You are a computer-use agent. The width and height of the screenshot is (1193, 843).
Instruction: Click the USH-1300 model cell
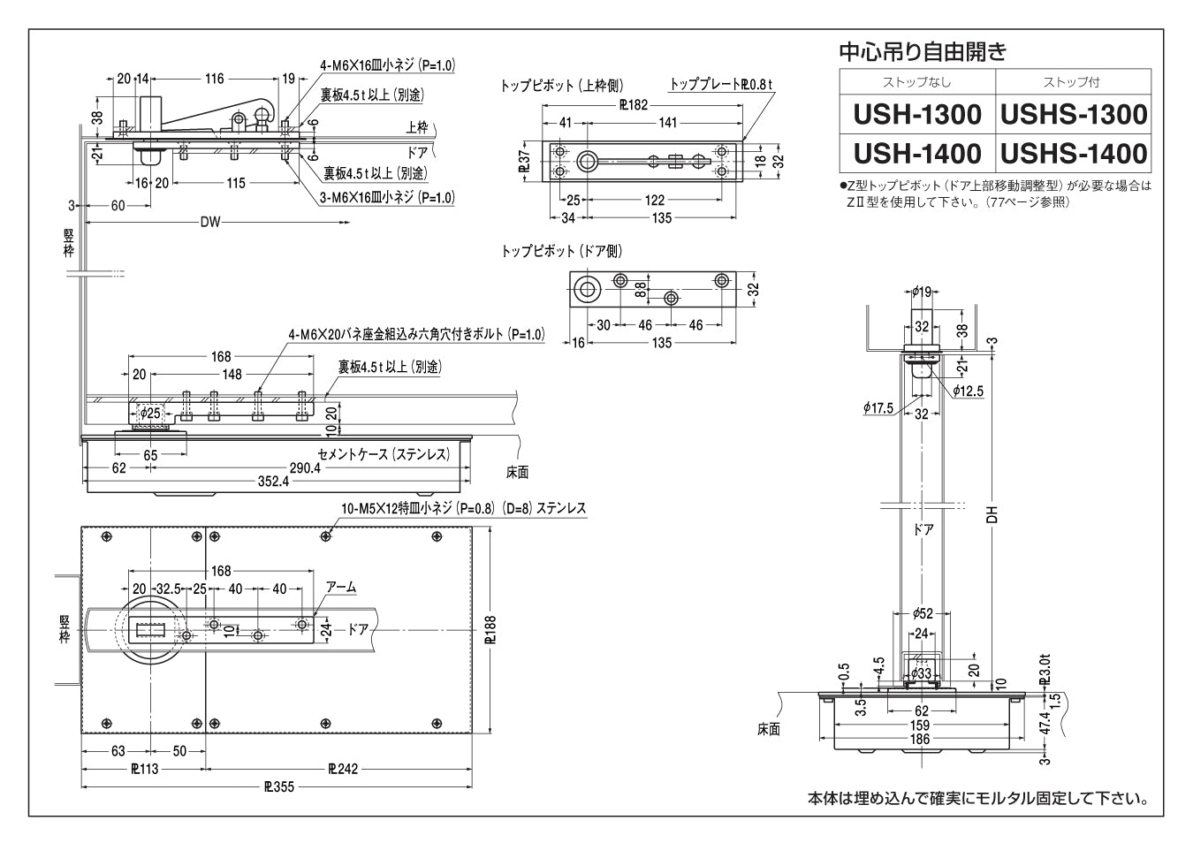pos(917,114)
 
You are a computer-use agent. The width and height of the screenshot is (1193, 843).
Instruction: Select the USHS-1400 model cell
pos(1074,154)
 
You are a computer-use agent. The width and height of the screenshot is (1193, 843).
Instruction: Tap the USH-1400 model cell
pos(917,154)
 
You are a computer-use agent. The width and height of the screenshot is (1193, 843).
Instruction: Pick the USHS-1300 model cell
pos(1074,114)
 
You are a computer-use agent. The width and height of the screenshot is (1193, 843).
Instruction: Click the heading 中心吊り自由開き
pos(922,51)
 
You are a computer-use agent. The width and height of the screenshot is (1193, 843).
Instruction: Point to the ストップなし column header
pos(917,82)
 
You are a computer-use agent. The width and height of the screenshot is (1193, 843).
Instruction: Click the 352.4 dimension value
pos(273,482)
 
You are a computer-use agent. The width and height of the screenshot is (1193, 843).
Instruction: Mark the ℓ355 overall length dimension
pos(278,786)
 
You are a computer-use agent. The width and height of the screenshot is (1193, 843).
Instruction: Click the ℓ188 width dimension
pos(491,629)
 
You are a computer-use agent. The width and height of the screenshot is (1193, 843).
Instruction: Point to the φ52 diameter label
pos(922,613)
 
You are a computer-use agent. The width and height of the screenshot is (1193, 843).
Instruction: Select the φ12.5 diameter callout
pos(969,391)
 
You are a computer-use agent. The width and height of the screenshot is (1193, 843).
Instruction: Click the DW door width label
pos(209,222)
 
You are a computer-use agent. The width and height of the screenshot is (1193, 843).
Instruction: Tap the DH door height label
pos(992,513)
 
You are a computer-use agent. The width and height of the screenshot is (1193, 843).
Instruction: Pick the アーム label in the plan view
pos(341,588)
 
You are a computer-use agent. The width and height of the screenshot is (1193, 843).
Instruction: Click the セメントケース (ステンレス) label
pos(384,454)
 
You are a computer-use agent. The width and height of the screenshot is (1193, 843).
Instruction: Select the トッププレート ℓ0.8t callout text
pos(721,85)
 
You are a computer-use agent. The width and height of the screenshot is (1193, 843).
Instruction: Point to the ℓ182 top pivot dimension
pos(634,104)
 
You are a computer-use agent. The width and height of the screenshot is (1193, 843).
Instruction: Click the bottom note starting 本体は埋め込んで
pos(977,799)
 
